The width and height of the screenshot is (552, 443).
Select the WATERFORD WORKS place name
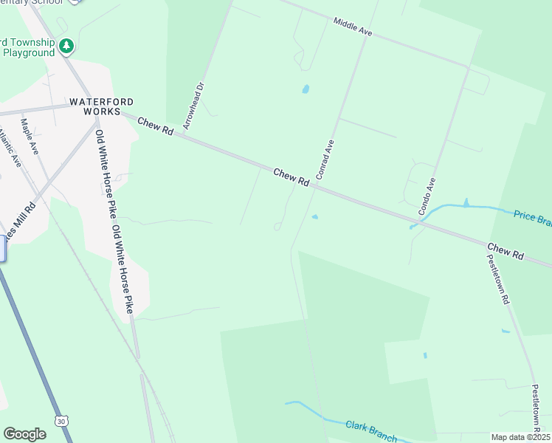click(95, 106)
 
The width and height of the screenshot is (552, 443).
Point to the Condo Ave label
click(427, 196)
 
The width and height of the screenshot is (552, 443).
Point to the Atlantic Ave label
click(10, 148)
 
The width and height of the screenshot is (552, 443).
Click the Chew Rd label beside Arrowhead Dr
click(155, 126)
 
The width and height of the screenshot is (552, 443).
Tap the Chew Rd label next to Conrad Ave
click(291, 177)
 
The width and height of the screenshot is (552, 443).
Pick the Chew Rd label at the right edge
click(506, 250)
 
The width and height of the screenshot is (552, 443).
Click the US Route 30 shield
click(60, 420)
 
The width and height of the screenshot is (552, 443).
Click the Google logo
click(24, 433)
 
